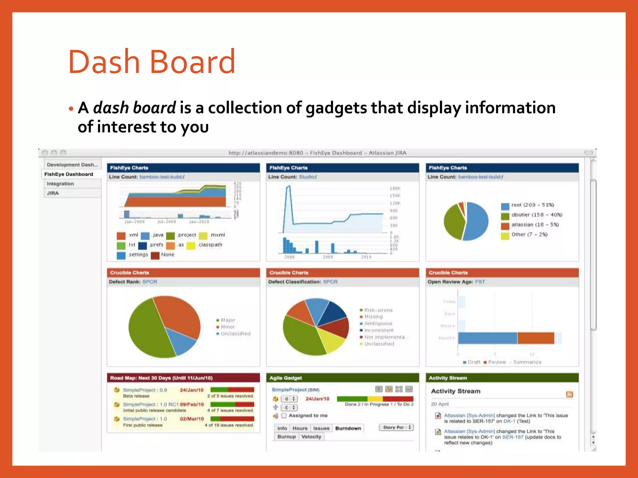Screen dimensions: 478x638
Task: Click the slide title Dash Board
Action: pos(152,62)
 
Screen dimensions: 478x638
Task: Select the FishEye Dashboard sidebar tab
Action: pos(69,174)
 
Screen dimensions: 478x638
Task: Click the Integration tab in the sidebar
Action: pos(60,184)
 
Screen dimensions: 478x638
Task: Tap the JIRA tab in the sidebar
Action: pos(53,193)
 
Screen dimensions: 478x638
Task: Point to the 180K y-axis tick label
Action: pos(395,188)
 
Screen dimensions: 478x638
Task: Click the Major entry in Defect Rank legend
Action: pos(228,320)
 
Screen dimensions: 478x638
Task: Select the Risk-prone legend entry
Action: pos(378,310)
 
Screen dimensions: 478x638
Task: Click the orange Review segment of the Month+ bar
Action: pos(536,338)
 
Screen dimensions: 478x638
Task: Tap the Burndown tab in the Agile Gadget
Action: pos(348,428)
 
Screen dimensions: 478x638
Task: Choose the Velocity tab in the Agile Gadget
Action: pos(311,437)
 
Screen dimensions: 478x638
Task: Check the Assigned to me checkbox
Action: pos(284,415)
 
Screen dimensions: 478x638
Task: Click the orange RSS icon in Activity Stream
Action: pos(569,394)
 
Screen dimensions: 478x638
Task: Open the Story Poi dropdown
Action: pos(396,427)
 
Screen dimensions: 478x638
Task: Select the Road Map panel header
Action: pos(183,378)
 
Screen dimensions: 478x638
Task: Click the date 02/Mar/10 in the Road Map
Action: pos(192,419)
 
